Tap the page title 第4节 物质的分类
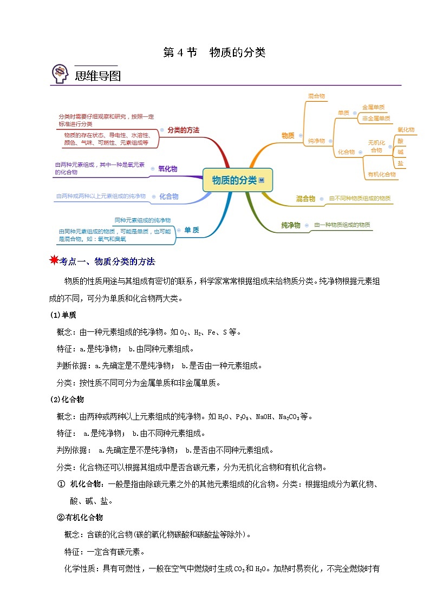coord(214,53)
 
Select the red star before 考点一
coord(54,261)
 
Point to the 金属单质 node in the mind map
coord(374,107)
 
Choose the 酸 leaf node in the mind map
coord(400,141)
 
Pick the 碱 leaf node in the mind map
coord(400,152)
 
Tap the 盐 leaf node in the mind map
coord(400,163)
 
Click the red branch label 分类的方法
coord(183,130)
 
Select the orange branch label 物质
coord(288,135)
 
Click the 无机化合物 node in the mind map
coord(376,146)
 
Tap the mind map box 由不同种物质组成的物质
coord(360,199)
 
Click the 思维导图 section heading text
coord(97,76)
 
